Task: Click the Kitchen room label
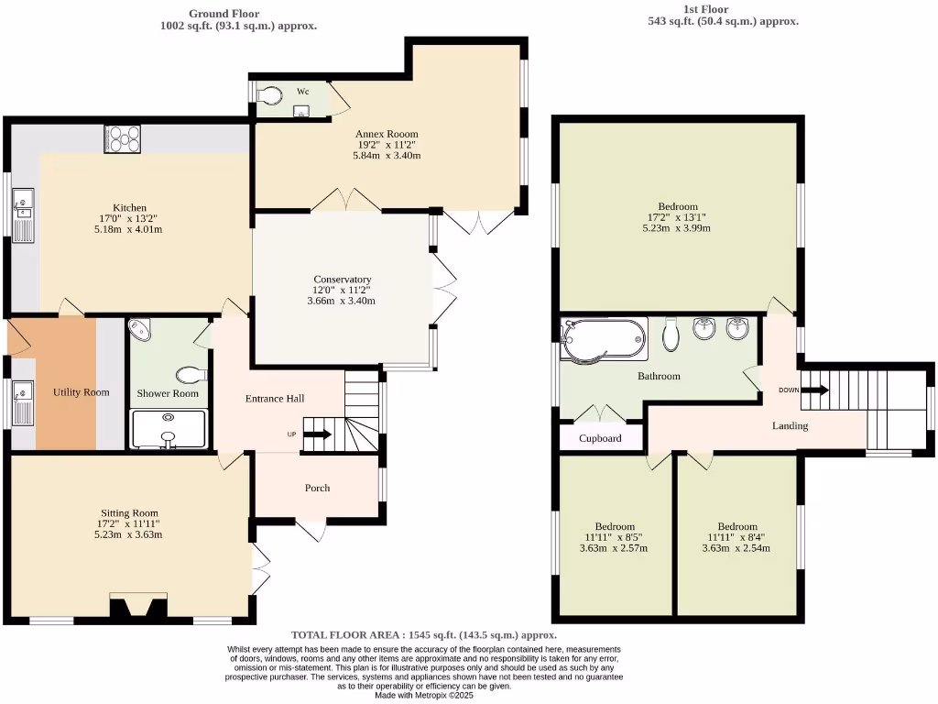(129, 208)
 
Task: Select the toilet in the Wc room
(269, 96)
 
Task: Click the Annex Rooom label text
(387, 134)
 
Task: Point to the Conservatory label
(342, 280)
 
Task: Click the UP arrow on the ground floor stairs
(317, 434)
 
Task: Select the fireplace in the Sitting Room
(138, 608)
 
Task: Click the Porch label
(317, 488)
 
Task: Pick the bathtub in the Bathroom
(604, 338)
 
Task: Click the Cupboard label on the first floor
(600, 438)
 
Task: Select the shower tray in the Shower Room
(168, 429)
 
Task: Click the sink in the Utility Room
(23, 402)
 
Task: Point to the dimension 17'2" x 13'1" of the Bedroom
(677, 218)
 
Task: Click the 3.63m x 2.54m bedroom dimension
(737, 548)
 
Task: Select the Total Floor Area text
(424, 634)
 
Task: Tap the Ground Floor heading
(224, 14)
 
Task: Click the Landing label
(790, 425)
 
